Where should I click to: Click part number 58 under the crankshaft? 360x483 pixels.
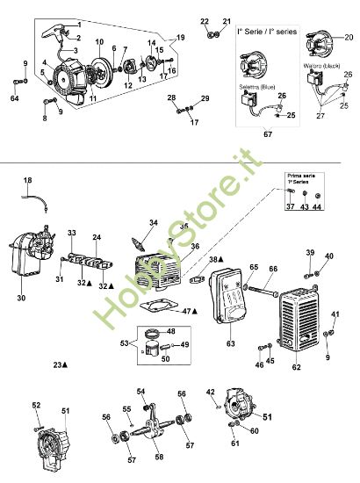point(158,458)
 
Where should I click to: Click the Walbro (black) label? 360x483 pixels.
point(321,65)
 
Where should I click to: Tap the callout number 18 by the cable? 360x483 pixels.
point(27,180)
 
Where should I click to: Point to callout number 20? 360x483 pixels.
point(349,39)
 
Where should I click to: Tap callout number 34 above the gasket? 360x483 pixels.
point(155,223)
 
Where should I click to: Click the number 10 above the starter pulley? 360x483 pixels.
point(99,42)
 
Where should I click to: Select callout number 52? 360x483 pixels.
point(36,405)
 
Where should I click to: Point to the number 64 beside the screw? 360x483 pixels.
point(14,97)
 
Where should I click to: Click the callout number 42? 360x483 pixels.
point(210,392)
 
